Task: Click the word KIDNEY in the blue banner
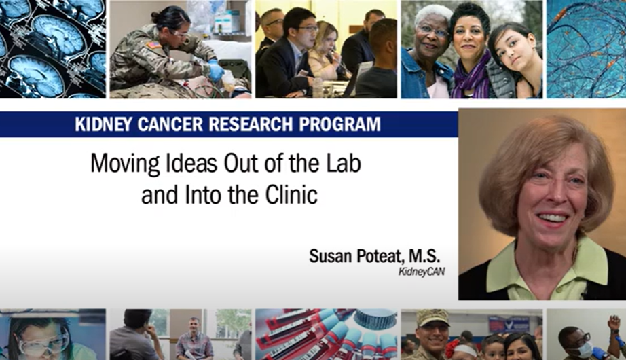tap(103, 124)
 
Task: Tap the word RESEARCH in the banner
tap(251, 124)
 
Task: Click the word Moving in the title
tap(125, 164)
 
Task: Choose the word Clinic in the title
tap(291, 194)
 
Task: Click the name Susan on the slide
tap(330, 255)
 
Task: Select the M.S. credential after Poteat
tap(424, 255)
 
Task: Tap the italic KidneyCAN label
tap(421, 272)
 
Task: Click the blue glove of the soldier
tap(216, 71)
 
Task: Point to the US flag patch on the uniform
tap(154, 45)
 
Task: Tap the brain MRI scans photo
tap(53, 49)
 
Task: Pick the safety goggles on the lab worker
tap(44, 343)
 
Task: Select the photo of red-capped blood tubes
tap(326, 334)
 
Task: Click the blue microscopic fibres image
tap(586, 49)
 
